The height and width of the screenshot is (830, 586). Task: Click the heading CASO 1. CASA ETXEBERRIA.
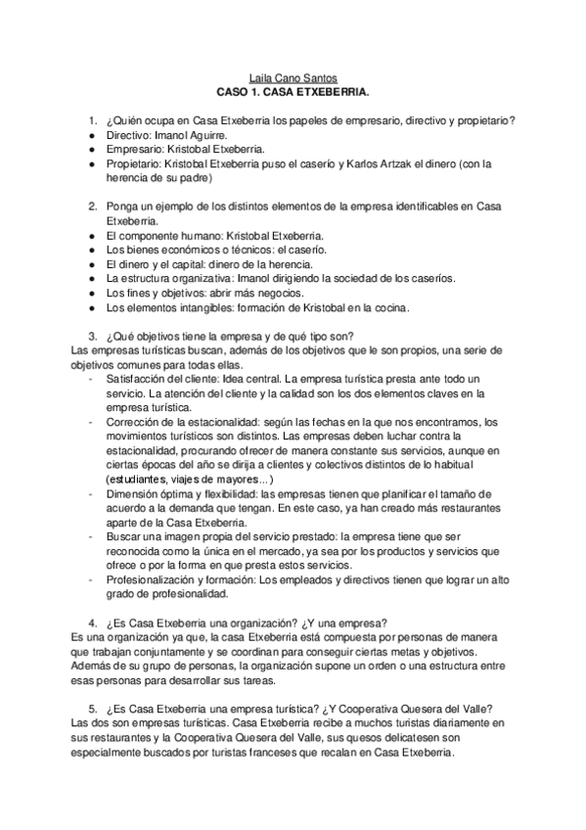tap(292, 94)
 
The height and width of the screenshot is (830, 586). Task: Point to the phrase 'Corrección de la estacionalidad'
tap(191, 421)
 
